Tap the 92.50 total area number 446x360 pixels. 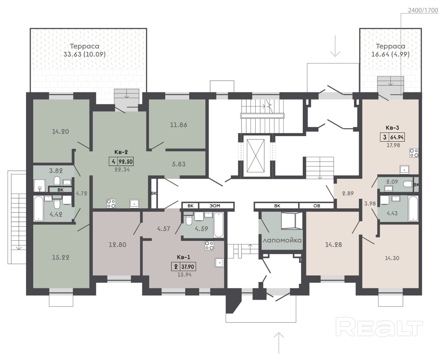126,162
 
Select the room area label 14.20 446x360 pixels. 60,132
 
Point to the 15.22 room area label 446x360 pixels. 60,257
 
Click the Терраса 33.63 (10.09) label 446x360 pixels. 84,50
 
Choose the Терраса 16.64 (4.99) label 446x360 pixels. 390,50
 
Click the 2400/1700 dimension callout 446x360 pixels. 423,10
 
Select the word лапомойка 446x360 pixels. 282,240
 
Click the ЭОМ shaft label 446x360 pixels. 215,206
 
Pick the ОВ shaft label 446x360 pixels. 316,206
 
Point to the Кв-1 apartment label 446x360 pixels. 184,257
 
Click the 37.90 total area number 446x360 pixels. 188,267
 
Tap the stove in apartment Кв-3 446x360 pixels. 414,153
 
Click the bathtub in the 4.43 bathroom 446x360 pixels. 413,209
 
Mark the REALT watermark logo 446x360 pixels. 379,327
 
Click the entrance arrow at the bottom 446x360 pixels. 280,343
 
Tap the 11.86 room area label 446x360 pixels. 179,125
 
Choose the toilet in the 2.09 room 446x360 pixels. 408,184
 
